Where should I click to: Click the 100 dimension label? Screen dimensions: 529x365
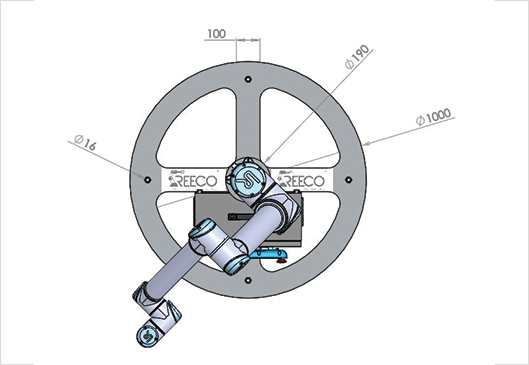click(x=216, y=34)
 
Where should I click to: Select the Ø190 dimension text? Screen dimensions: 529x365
click(x=357, y=57)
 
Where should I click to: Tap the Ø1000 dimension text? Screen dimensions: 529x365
click(x=434, y=117)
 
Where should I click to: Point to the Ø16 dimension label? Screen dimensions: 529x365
click(x=85, y=142)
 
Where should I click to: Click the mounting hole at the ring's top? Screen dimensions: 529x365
click(x=248, y=79)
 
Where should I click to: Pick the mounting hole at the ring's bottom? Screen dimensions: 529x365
click(x=248, y=280)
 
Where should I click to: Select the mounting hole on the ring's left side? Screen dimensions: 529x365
click(x=147, y=179)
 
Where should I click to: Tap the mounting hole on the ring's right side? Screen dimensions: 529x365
click(x=349, y=179)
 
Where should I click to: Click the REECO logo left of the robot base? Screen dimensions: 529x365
click(x=193, y=179)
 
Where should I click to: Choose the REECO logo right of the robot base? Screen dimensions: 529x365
click(x=301, y=180)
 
